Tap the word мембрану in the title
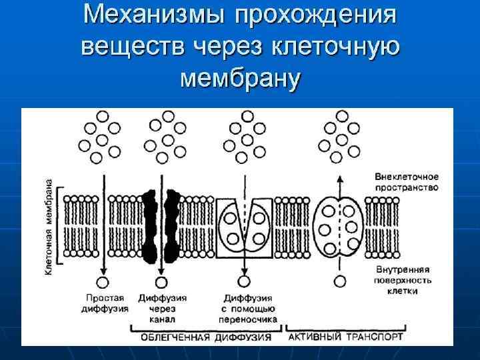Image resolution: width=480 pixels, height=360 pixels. point(241,78)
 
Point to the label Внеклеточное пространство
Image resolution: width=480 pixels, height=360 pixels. point(406,182)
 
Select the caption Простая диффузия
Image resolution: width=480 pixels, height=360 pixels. point(104,303)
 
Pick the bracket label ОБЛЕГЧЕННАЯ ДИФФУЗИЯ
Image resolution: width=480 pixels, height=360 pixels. point(206,337)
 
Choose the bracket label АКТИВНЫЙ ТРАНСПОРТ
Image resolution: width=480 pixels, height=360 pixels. point(345,337)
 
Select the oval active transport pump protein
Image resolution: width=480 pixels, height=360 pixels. point(339,227)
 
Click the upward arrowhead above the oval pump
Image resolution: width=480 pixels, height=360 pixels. point(339,178)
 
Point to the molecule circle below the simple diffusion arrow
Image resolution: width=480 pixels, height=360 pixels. point(103,281)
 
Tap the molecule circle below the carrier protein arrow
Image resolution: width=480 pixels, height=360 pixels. point(245,281)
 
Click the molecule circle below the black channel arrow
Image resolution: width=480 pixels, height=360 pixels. point(161,281)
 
